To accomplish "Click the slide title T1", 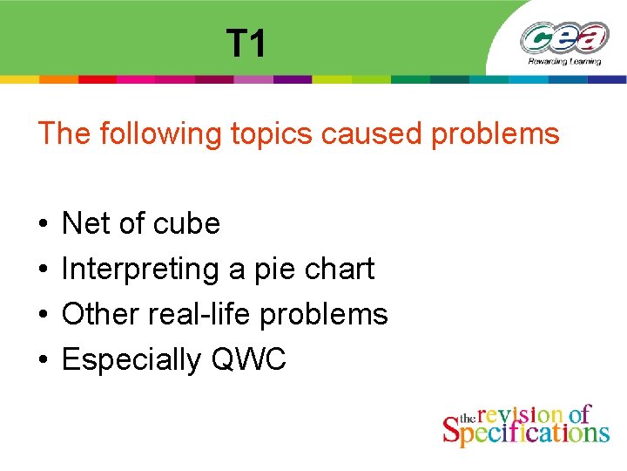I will click(246, 43).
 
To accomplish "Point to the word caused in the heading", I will click(364, 134).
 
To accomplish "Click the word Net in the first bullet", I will click(85, 224).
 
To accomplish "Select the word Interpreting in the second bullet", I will click(140, 270).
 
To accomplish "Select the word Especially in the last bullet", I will click(131, 359).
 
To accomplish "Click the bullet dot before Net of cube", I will click(43, 225).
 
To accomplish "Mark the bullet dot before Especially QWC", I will click(43, 360).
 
